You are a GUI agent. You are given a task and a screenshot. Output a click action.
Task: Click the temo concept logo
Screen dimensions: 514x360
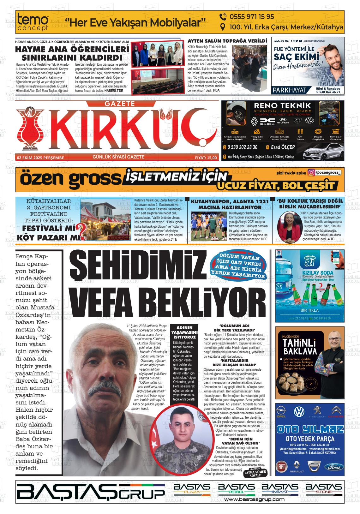click(x=33, y=22)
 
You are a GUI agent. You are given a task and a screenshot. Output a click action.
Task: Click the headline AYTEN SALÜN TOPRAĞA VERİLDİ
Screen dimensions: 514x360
click(x=227, y=41)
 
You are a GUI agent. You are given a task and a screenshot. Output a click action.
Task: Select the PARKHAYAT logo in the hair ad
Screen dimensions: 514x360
click(x=290, y=90)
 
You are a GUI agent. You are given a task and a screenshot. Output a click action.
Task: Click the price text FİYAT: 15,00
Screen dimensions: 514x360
click(x=206, y=158)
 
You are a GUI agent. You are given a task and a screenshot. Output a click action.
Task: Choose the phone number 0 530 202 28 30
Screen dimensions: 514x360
click(x=242, y=147)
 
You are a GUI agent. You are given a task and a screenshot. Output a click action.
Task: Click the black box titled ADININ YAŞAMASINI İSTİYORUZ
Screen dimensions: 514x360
click(x=184, y=332)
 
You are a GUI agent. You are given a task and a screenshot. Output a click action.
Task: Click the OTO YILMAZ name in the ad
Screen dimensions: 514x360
click(x=309, y=429)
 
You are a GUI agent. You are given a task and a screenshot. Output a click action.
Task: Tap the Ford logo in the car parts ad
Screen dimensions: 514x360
click(x=334, y=467)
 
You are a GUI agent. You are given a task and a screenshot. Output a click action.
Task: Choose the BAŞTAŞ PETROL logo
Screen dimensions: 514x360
click(x=236, y=489)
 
